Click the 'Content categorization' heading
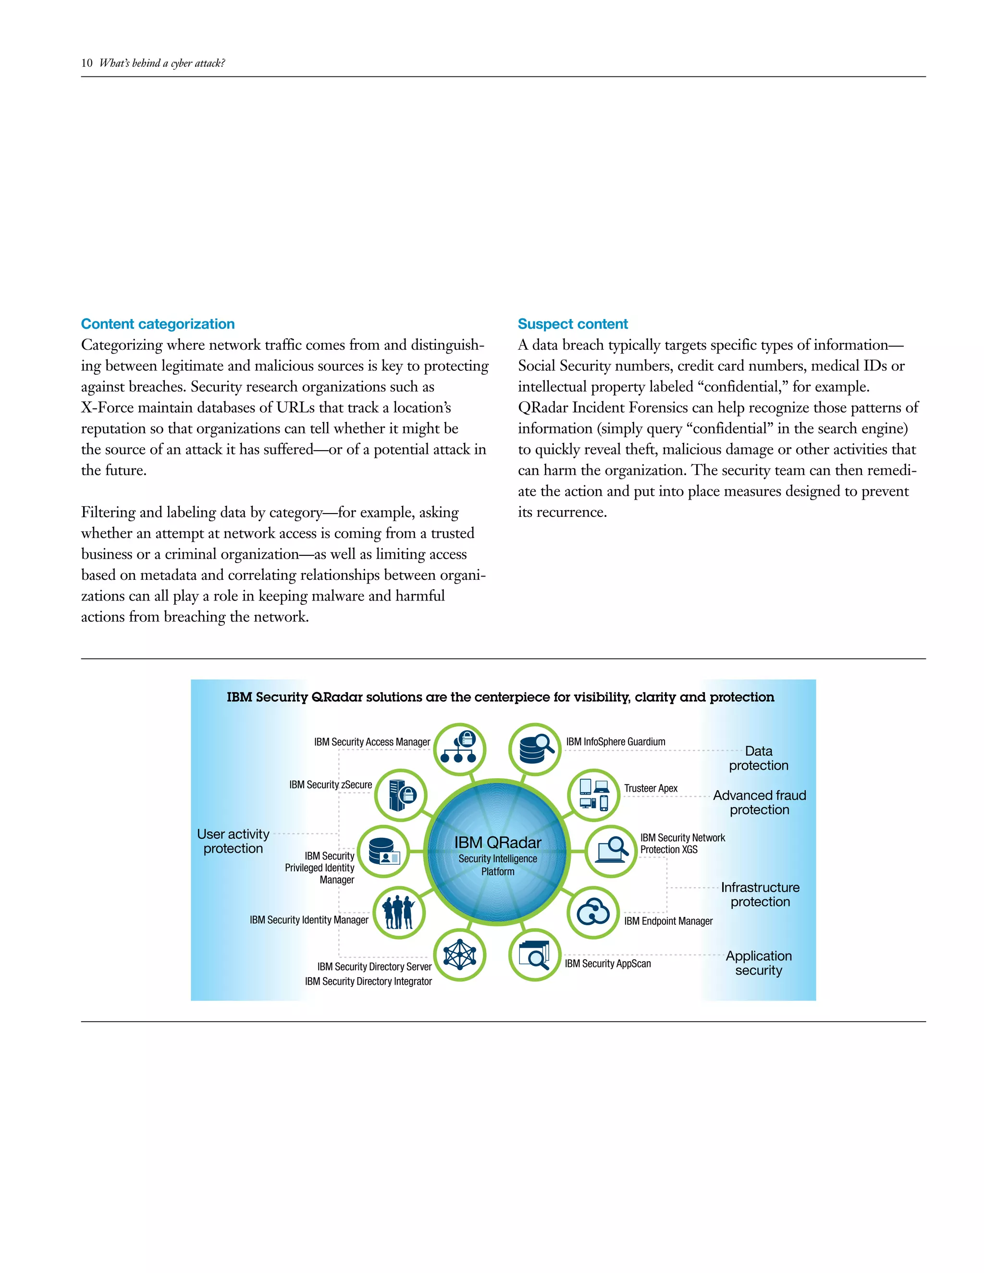coord(158,324)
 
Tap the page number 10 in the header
coord(87,63)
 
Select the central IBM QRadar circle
coord(498,852)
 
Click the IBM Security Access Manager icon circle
coord(460,749)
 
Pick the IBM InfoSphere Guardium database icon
coord(535,749)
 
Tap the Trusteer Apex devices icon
coord(594,795)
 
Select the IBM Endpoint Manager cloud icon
coord(593,912)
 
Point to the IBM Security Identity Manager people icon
coord(399,913)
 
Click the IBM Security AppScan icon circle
coord(535,955)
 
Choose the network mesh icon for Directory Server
coord(460,955)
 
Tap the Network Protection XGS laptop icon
coord(611,851)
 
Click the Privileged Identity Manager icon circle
coord(383,852)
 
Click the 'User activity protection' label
coord(233,841)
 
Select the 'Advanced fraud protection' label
coord(760,802)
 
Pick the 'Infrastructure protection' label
coord(760,894)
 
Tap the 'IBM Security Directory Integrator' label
coord(369,981)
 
